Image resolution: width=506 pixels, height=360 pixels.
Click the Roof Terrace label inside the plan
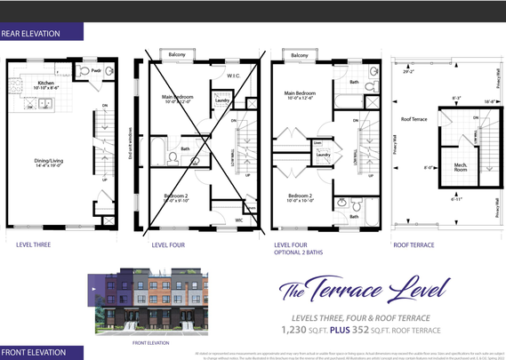click(414, 118)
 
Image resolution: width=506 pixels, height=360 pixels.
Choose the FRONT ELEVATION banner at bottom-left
click(33, 352)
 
